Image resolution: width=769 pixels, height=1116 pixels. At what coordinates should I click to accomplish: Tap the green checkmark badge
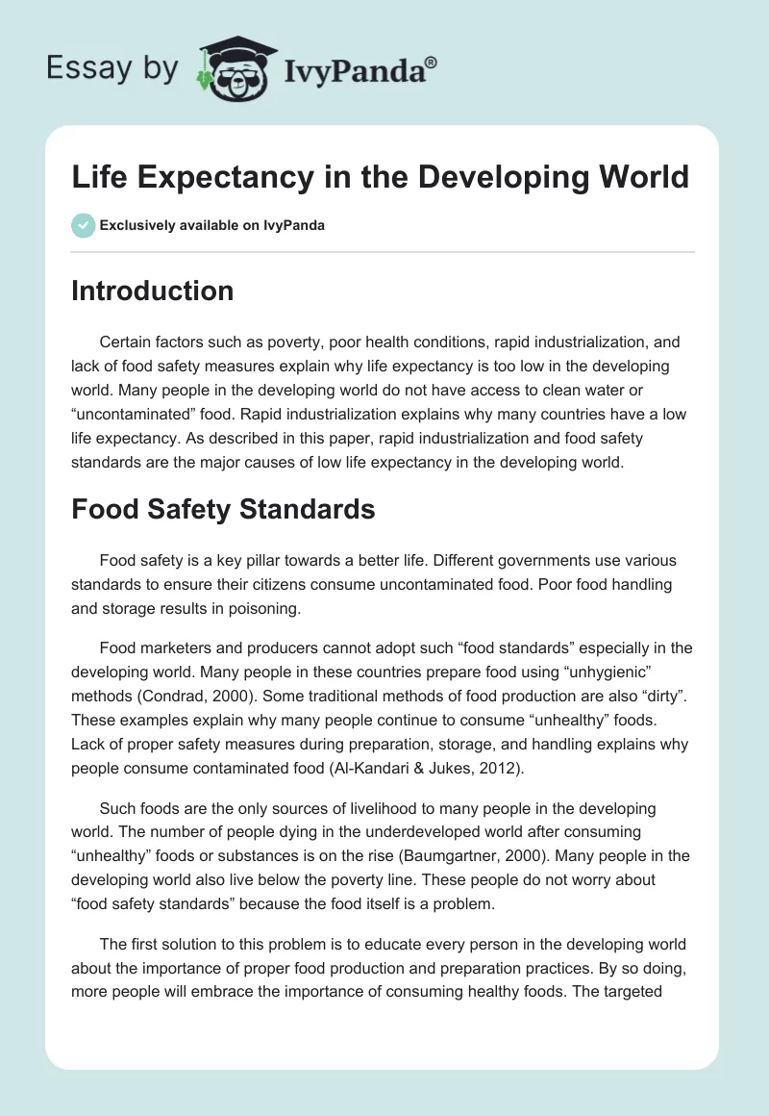83,225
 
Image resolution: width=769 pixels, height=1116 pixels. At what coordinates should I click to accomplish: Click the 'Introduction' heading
153,291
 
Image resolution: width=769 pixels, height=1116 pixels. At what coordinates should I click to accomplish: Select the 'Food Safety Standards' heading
223,509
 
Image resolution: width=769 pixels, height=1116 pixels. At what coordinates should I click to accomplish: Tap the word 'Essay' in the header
80,67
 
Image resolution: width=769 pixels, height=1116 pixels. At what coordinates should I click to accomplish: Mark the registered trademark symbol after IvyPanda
432,60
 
